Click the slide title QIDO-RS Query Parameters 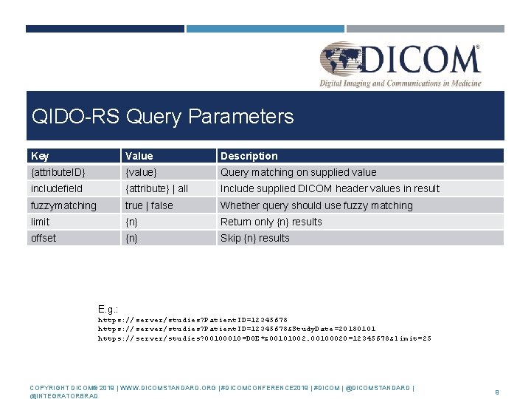coord(162,117)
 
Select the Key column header coord(41,156)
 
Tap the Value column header coord(139,156)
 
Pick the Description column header coord(249,156)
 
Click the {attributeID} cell coord(58,172)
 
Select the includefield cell coord(57,188)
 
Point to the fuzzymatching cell coord(63,205)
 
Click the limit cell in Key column coord(41,222)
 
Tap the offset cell coord(44,238)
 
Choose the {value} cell coord(141,172)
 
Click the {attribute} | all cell coord(156,188)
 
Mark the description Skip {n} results coord(255,238)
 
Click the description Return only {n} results coord(271,222)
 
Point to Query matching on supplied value coord(298,172)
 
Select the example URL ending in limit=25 coord(265,338)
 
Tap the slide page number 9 coord(498,392)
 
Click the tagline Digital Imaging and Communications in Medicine coord(400,83)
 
